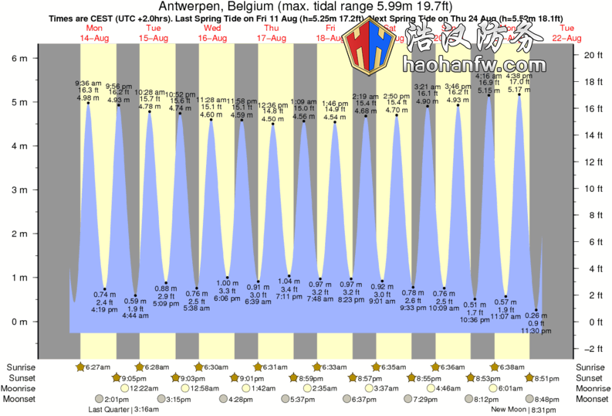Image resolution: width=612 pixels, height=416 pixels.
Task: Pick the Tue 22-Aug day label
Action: (x=567, y=32)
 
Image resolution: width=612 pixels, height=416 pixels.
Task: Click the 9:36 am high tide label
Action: (x=87, y=83)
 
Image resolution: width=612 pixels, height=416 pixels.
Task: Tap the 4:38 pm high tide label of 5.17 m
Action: (x=519, y=77)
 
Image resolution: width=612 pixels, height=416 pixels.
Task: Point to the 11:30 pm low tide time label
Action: (x=536, y=331)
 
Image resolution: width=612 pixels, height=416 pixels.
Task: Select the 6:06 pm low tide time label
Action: (x=226, y=298)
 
